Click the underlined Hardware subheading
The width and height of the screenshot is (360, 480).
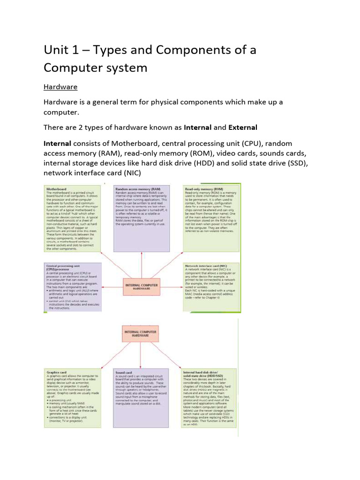[60, 87]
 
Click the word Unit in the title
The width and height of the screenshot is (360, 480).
[57, 50]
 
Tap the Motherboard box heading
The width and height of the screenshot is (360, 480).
[57, 189]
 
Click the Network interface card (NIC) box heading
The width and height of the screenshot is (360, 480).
[207, 265]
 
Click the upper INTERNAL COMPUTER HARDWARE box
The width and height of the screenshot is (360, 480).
[141, 287]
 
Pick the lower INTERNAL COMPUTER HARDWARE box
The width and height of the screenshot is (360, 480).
[141, 333]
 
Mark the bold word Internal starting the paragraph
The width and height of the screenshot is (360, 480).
[57, 143]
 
